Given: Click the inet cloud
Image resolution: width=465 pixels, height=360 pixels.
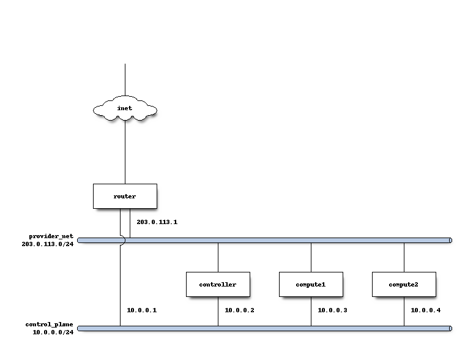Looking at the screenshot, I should [125, 109].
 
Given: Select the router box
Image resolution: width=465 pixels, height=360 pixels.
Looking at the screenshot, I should [125, 196].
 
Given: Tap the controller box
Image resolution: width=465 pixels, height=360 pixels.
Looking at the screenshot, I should [218, 284].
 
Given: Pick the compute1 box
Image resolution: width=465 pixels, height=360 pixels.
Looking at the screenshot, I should [311, 284].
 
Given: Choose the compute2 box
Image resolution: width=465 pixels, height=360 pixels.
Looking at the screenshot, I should [404, 284].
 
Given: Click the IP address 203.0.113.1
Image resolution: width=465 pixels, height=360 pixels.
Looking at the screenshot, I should [157, 222].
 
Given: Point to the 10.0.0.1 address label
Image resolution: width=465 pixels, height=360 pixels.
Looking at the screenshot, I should [141, 310].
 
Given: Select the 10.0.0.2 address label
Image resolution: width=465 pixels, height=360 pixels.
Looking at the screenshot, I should [239, 310].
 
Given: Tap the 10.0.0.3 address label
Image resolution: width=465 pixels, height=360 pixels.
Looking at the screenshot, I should [332, 310].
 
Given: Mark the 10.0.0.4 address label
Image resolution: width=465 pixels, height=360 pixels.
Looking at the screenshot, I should [425, 310].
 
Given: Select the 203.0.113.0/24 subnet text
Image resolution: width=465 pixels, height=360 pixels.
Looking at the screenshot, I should [48, 244].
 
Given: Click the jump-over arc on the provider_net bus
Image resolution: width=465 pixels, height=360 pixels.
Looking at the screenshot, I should [122, 240].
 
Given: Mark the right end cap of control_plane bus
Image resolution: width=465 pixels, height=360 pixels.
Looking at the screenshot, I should [450, 328].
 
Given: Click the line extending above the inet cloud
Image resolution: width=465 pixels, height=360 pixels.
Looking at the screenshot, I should [125, 80].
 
